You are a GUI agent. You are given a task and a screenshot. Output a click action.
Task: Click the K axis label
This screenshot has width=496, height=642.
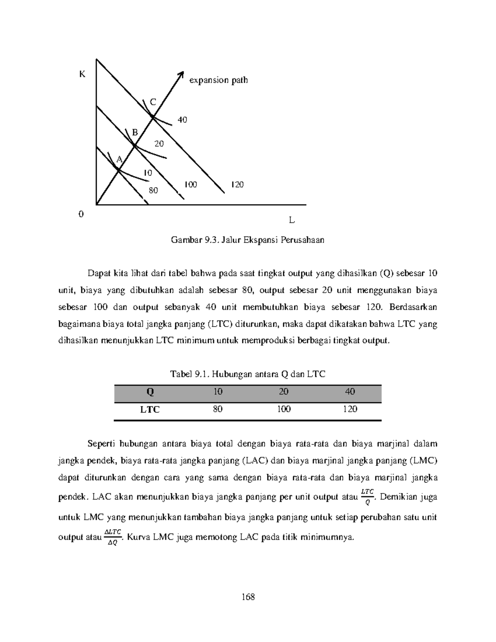[82, 74]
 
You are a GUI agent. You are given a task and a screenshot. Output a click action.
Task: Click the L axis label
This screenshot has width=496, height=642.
[292, 220]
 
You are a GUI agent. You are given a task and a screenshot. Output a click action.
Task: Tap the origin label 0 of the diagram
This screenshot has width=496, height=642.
[81, 214]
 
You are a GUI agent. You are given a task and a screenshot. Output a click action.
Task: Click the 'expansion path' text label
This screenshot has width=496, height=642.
[218, 80]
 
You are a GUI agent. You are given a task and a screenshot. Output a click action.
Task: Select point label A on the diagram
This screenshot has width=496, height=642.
[119, 160]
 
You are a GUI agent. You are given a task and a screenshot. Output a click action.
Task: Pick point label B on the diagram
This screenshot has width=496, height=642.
[134, 132]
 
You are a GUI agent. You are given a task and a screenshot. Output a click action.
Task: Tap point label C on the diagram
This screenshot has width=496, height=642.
[153, 102]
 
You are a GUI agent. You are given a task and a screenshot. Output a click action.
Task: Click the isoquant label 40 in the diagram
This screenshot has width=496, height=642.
[182, 120]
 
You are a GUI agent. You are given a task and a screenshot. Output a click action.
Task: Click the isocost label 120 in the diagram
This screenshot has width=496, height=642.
[237, 184]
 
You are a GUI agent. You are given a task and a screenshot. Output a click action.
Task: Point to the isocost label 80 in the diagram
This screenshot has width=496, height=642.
[153, 191]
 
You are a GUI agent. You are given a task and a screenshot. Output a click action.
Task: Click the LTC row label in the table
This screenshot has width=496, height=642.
[150, 410]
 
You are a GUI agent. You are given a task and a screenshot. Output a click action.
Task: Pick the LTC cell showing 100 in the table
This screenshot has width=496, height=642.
[284, 409]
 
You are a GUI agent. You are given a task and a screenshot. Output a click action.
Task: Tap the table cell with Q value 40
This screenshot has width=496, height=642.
[350, 391]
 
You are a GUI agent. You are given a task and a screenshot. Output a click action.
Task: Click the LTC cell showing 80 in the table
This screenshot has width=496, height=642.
[218, 409]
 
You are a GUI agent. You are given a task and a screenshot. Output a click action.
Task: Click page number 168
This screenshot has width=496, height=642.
[248, 597]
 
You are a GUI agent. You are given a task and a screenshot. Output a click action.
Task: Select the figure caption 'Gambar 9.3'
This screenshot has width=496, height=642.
[248, 240]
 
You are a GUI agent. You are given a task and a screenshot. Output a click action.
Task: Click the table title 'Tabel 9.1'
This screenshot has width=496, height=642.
[248, 374]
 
